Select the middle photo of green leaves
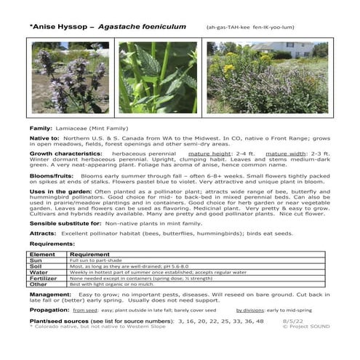tap(159, 77)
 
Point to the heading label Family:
tap(41, 127)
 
